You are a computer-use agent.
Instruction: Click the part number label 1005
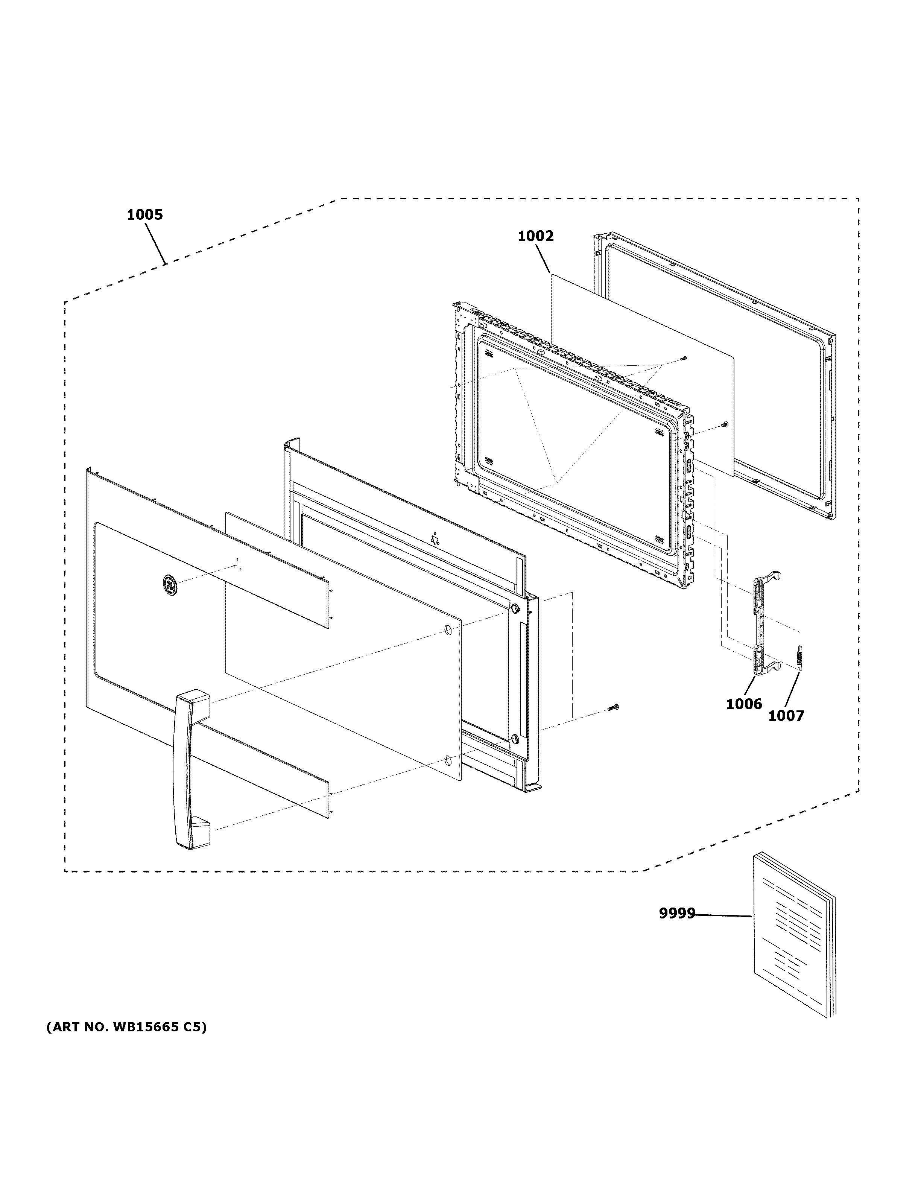tap(144, 215)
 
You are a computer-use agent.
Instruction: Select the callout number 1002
tap(535, 236)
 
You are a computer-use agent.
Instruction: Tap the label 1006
tap(744, 704)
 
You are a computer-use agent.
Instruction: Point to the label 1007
tap(786, 716)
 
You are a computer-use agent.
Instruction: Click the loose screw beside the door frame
tap(613, 708)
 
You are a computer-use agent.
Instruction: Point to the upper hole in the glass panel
tap(447, 630)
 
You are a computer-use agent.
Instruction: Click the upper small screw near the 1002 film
tap(684, 358)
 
